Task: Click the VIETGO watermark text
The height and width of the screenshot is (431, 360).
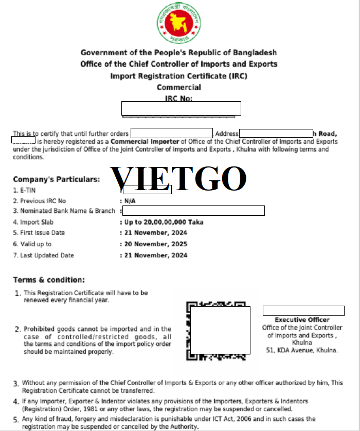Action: point(179,178)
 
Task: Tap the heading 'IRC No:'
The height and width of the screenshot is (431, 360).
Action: point(179,98)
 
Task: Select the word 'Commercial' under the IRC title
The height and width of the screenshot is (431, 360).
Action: point(179,87)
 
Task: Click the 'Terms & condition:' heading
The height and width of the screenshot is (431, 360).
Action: point(48,280)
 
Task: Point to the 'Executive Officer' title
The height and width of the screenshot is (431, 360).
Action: point(302,320)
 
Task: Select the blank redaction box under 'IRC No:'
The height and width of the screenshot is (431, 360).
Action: point(181,108)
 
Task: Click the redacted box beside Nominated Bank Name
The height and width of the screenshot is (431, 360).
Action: point(193,211)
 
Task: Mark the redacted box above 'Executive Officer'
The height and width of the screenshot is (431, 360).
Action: point(303,311)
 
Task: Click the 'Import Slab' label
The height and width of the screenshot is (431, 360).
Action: point(39,222)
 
